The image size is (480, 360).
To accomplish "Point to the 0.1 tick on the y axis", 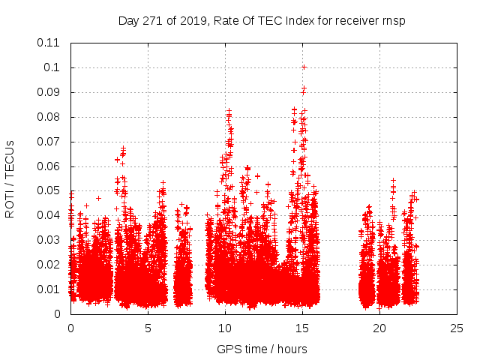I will (x=53, y=67).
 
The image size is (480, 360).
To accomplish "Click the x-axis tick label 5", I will (x=148, y=328).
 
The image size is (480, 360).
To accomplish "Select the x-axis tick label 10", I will (x=225, y=328).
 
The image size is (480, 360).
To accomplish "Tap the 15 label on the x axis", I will (x=302, y=328).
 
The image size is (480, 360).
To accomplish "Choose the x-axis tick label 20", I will (x=379, y=328).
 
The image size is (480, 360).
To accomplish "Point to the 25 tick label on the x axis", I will (x=457, y=328).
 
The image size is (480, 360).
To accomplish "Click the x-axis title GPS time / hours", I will (x=262, y=349).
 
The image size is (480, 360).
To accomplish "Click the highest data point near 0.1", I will (x=304, y=67).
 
